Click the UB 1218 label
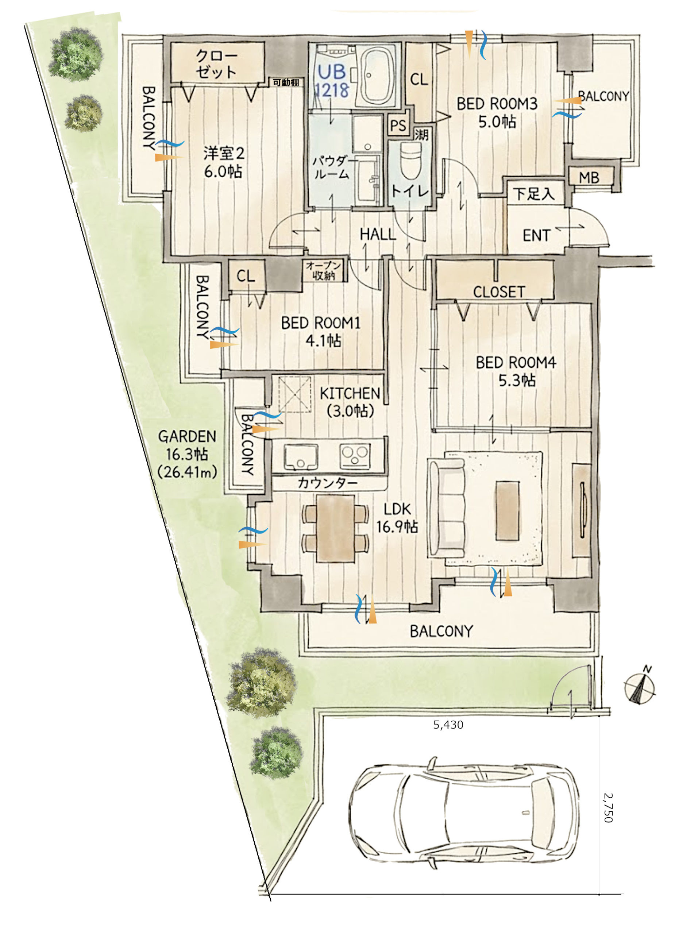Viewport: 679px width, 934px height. (x=332, y=81)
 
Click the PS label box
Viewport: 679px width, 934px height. (x=398, y=125)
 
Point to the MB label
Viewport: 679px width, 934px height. (x=589, y=178)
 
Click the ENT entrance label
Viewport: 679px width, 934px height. (x=536, y=236)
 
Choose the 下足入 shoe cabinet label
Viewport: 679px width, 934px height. (x=534, y=194)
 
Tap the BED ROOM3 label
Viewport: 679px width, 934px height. (x=497, y=103)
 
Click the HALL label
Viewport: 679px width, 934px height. (x=378, y=234)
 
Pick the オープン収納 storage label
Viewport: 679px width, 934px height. (x=324, y=271)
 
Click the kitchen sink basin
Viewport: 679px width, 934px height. (x=301, y=456)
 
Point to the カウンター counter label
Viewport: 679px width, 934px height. (x=327, y=483)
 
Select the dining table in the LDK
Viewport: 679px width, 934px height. (x=335, y=528)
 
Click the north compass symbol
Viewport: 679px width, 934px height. (x=640, y=687)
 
